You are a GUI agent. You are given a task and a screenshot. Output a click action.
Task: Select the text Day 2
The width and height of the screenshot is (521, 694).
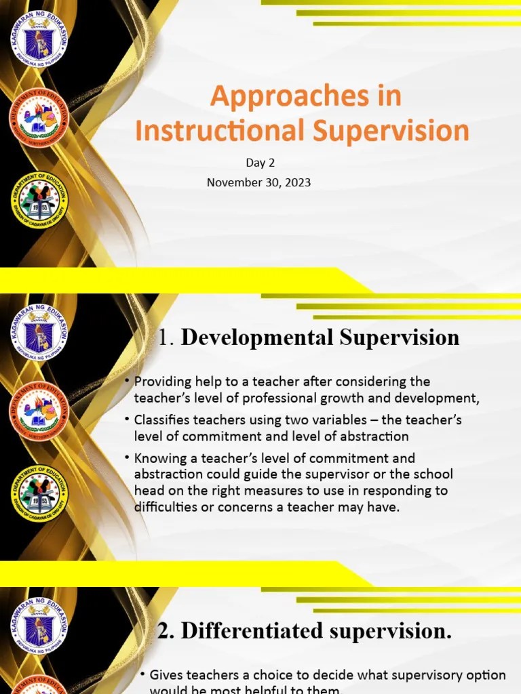coord(260,163)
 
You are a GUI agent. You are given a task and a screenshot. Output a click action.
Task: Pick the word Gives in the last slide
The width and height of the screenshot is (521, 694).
coord(165,675)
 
